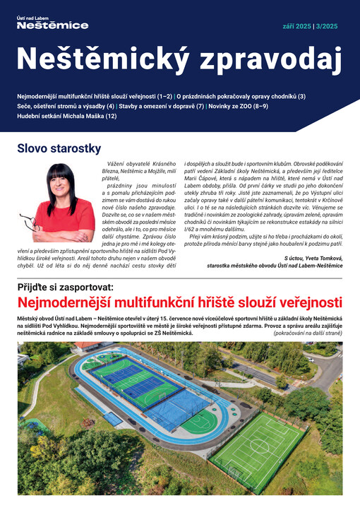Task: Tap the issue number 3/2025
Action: pos(326,26)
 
